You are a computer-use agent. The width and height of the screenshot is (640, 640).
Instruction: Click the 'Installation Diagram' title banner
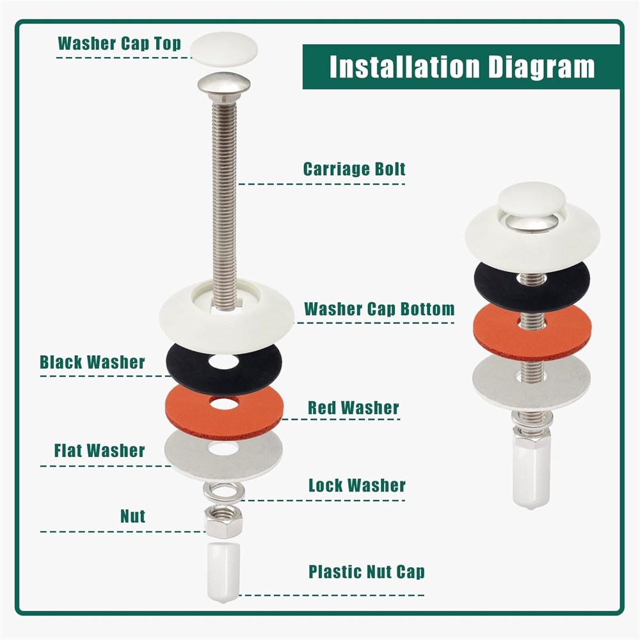click(x=461, y=67)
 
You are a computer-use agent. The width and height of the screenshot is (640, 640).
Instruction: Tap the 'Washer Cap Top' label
click(x=119, y=44)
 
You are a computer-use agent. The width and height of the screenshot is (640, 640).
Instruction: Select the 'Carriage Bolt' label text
click(x=355, y=169)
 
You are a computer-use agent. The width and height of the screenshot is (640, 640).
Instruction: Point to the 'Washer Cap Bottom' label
click(x=379, y=309)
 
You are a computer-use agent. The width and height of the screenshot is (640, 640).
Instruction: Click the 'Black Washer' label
click(x=92, y=362)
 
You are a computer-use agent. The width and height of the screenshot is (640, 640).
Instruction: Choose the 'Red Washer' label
click(x=353, y=408)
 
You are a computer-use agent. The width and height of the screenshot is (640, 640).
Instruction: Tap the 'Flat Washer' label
click(x=100, y=451)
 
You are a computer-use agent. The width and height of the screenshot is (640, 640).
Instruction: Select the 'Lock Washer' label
click(x=357, y=485)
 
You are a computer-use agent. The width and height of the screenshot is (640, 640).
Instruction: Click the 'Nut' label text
click(x=132, y=516)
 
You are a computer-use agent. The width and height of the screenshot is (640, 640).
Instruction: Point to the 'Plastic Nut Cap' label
click(x=367, y=572)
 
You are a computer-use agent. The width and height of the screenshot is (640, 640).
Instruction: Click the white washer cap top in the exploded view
click(x=224, y=48)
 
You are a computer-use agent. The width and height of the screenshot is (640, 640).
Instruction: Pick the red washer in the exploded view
click(x=223, y=412)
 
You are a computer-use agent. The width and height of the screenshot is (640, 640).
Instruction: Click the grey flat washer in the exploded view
click(x=223, y=455)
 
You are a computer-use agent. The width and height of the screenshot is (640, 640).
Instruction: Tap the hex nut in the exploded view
click(x=223, y=521)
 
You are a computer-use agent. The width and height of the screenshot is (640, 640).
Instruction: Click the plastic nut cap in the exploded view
click(x=223, y=572)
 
